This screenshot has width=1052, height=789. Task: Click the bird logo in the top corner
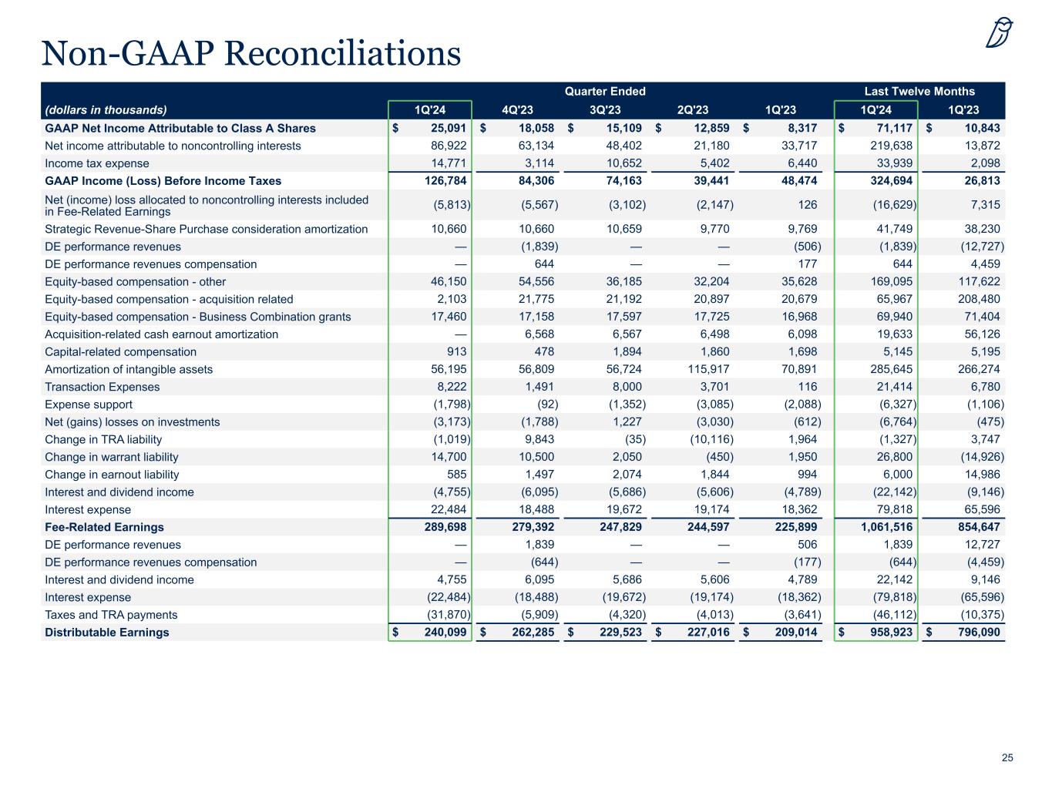click(x=1000, y=32)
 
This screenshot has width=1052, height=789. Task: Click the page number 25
click(x=1007, y=758)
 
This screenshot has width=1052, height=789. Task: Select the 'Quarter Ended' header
click(x=605, y=91)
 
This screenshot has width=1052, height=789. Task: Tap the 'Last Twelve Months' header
click(x=919, y=91)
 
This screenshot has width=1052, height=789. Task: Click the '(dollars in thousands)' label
click(x=106, y=109)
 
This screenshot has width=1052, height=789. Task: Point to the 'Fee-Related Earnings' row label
click(x=104, y=527)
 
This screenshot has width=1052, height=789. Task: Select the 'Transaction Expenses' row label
click(x=103, y=387)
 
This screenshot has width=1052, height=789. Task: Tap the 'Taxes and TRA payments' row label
click(x=111, y=615)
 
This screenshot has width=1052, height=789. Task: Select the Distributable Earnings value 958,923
click(x=889, y=633)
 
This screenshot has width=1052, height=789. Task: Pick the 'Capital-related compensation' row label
click(x=120, y=352)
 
